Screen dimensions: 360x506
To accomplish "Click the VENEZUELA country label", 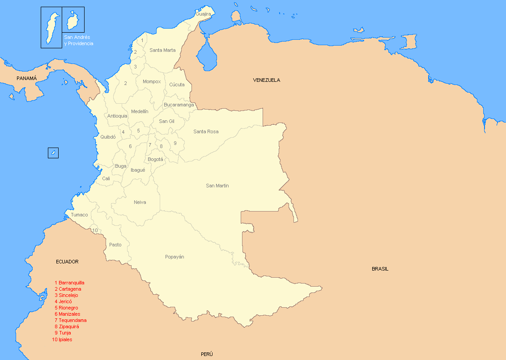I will point(266,80).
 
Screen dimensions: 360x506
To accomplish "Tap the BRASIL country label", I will point(380,269).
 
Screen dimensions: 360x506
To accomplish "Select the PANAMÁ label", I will point(26,78).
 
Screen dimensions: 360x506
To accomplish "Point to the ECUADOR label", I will point(67,262).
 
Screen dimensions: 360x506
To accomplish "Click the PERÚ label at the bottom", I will point(207,354).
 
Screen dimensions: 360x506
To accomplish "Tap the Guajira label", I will point(203,14).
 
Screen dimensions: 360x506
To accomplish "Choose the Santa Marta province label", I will point(162,50).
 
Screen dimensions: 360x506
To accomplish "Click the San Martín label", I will point(217,186).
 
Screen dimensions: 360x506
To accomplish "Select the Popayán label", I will point(174,257).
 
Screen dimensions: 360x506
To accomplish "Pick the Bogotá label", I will point(155,159).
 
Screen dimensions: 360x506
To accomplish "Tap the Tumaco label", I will point(79,215).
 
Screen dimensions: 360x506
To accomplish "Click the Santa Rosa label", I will point(206,131).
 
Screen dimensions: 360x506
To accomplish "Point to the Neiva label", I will point(140,202).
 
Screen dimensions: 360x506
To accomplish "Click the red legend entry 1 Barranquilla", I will point(69,283).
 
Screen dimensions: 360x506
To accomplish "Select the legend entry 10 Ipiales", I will point(62,339).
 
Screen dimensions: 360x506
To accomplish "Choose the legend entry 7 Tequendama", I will point(70,320).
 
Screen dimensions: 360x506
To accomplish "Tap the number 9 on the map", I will point(175,143).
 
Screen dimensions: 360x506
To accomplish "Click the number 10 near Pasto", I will point(95,230).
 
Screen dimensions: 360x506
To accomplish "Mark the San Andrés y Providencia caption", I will point(78,41).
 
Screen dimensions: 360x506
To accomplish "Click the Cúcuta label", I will point(177,85).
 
